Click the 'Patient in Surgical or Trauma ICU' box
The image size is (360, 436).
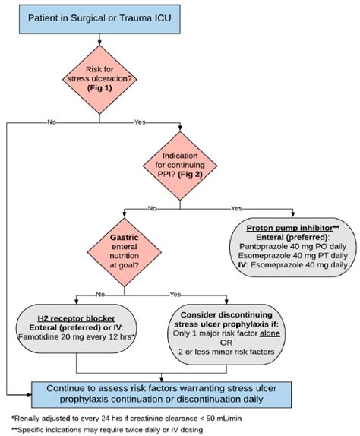tap(99, 19)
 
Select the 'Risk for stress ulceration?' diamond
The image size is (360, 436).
tap(99, 80)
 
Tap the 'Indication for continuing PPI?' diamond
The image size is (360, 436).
tap(180, 166)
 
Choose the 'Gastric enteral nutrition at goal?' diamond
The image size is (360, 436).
tap(125, 252)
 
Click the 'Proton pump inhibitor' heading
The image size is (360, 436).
tap(289, 228)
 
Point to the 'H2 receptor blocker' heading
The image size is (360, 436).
tap(76, 318)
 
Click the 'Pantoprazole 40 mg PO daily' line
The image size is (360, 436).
tap(293, 246)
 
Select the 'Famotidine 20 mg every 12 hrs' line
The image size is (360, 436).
tap(75, 336)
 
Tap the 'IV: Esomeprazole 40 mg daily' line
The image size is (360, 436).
tap(293, 264)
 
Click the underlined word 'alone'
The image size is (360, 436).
tap(270, 333)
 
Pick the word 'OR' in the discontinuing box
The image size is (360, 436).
tap(226, 343)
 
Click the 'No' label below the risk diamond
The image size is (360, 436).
tap(52, 122)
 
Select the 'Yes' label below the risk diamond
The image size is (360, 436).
tap(140, 122)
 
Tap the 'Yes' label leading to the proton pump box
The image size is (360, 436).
tap(236, 208)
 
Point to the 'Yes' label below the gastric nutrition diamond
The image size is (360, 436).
tap(175, 295)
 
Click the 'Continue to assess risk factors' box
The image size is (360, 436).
tap(161, 394)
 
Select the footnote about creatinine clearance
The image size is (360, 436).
tap(127, 419)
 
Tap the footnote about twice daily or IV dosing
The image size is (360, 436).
tap(107, 430)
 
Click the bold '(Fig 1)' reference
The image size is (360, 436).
tap(99, 88)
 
